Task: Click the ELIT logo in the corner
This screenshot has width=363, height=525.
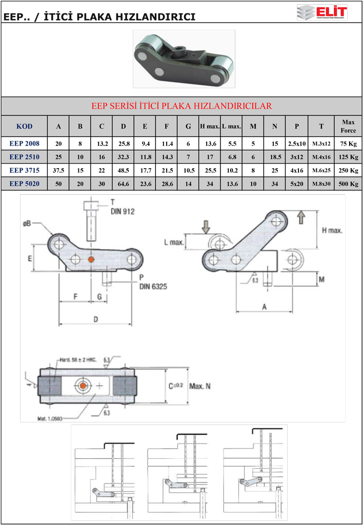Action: click(x=322, y=12)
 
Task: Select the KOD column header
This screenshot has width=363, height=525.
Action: click(x=24, y=126)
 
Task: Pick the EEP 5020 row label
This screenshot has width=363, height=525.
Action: click(x=24, y=184)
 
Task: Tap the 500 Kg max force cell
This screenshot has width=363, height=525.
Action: click(x=348, y=184)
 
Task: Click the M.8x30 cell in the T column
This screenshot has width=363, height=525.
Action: click(x=321, y=184)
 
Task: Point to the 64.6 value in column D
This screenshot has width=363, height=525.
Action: click(x=123, y=184)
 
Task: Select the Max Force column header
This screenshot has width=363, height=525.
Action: click(x=348, y=126)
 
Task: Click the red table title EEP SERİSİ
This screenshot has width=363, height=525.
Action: click(x=181, y=106)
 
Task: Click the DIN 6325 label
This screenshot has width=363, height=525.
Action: click(x=153, y=286)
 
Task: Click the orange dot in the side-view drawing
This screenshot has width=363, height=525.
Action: click(x=91, y=260)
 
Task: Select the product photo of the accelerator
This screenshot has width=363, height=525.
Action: click(x=184, y=58)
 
